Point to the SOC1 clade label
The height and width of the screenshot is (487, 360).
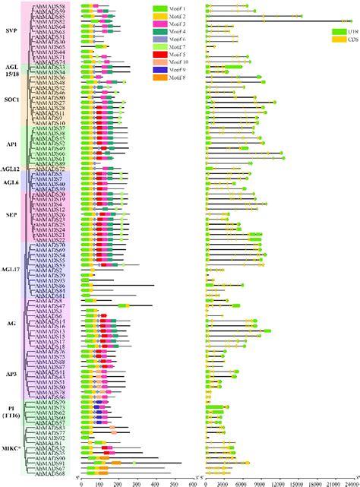[x=11, y=100]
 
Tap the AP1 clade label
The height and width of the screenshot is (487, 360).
[x=11, y=142]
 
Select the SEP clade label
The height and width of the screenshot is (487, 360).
[x=11, y=214]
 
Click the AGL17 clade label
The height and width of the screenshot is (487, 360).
[x=11, y=269]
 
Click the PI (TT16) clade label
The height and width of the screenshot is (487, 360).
[x=11, y=414]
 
